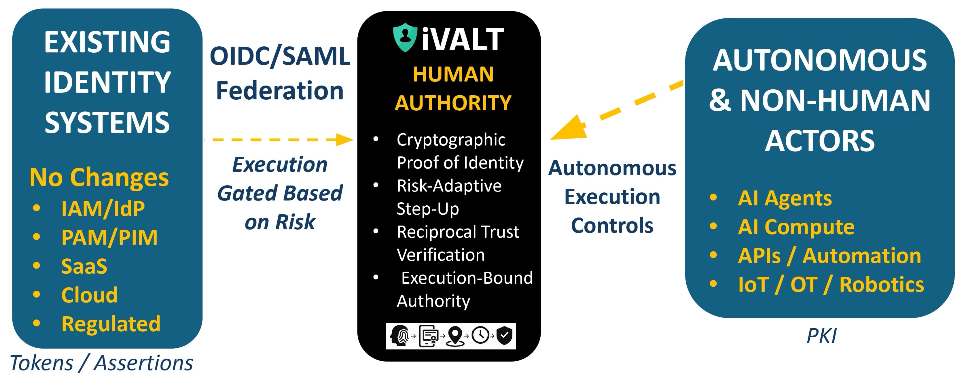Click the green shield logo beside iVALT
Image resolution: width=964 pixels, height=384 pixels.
tap(405, 37)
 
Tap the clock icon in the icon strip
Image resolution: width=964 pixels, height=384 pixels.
tap(480, 335)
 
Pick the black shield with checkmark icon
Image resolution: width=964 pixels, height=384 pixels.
tap(504, 335)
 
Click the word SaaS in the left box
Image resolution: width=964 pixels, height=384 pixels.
tap(84, 266)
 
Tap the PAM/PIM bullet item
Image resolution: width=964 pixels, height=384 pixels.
tap(109, 238)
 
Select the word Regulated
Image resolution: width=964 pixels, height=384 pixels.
tap(111, 324)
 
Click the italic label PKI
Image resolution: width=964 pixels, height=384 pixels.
tap(821, 336)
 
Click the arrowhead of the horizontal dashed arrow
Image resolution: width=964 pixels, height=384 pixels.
tap(344, 140)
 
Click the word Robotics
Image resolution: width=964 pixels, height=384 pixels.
tap(881, 285)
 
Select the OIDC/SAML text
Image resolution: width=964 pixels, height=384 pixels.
tap(280, 56)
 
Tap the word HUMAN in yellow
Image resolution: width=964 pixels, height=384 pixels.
tap(453, 74)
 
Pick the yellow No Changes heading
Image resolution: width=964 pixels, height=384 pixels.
tap(99, 177)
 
